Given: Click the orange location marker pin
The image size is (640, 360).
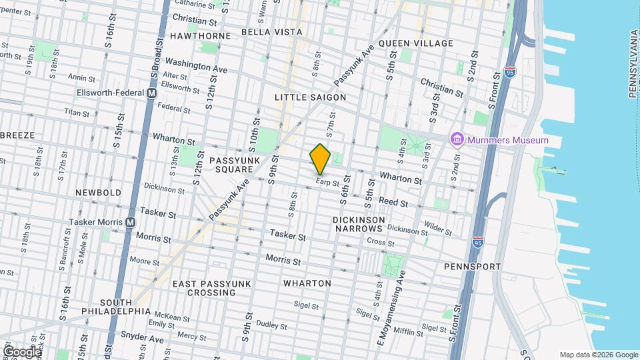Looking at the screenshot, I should [321, 159].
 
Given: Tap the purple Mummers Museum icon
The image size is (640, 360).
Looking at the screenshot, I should [457, 140].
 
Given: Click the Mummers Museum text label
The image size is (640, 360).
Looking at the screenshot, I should [507, 140].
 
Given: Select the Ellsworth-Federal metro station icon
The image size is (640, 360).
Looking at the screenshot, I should [151, 94].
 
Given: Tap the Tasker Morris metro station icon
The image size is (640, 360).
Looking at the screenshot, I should [130, 222].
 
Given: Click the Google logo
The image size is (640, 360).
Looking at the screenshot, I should [21, 351].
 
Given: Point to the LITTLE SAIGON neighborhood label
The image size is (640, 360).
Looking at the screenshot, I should [311, 97].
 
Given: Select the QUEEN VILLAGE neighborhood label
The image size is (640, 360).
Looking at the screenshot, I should [415, 43].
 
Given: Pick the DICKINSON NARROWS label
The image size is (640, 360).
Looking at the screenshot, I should [359, 225].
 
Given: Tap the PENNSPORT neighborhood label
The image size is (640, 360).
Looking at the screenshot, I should [472, 267].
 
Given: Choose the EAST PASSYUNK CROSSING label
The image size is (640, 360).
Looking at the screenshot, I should [211, 288].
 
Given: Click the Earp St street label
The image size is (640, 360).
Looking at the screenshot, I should [328, 181].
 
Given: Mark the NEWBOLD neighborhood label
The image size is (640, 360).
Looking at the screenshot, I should [99, 193].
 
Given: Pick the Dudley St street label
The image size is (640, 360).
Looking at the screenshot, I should [271, 326].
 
